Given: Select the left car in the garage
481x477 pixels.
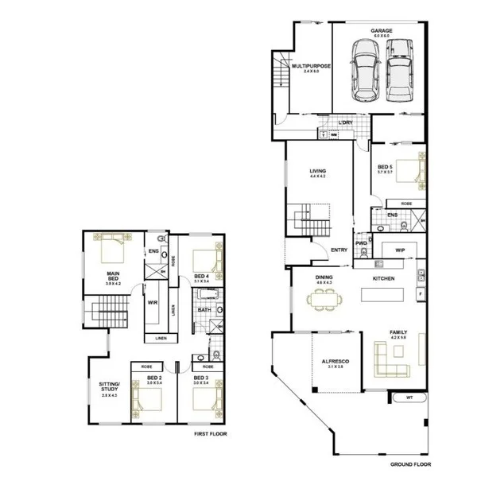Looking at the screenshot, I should tap(366, 73).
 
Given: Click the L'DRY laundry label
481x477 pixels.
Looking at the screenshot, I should tap(345, 122).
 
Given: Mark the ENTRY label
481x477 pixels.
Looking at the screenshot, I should tap(338, 250).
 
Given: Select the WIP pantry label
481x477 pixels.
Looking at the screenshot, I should tap(399, 249).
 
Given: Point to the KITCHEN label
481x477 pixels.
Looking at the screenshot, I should tap(386, 278).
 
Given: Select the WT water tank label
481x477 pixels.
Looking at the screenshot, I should tap(409, 397).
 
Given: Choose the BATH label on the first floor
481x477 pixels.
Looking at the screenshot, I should tap(204, 309).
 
